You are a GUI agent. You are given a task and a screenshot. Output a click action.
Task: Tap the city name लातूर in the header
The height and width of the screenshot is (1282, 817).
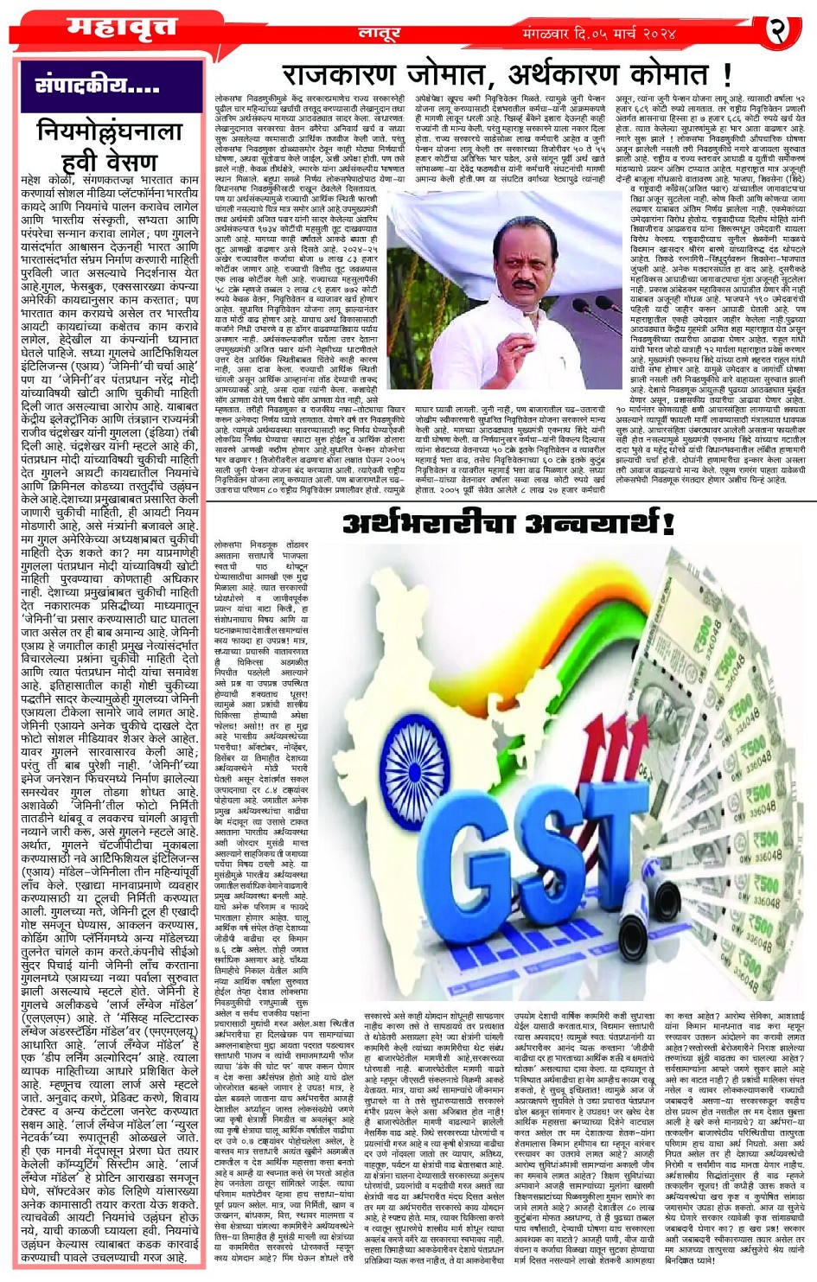(x=379, y=34)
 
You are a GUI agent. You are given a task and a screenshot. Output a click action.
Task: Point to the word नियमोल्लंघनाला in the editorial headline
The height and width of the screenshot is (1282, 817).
(x=111, y=131)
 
